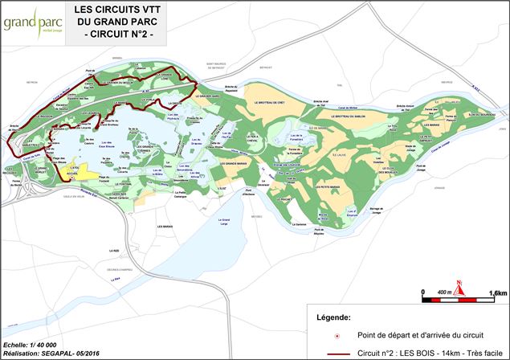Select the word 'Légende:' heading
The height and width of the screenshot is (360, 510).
point(333,317)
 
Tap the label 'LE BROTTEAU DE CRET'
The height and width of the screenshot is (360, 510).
point(271,103)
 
